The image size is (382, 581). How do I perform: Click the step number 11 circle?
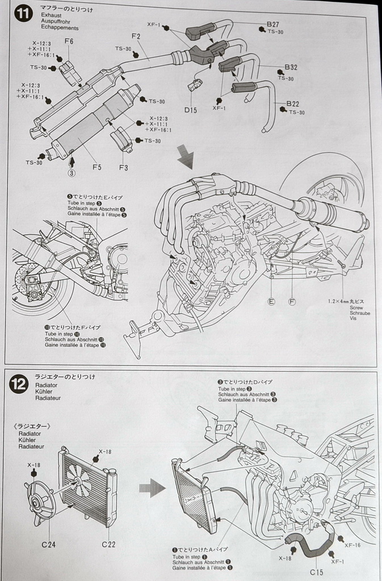pos(23,14)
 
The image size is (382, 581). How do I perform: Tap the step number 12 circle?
pos(19,385)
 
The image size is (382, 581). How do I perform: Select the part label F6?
pos(69,41)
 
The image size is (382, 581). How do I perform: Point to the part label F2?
pos(136,37)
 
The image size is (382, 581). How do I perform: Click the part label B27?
pos(272,24)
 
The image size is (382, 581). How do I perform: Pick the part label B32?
pos(292,67)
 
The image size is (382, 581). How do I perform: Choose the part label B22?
pos(293,104)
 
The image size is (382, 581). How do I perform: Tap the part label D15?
pos(191,110)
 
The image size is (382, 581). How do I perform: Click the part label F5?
pos(97,167)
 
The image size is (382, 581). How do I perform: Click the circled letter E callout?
pos(271,301)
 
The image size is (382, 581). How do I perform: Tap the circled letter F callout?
pos(292,301)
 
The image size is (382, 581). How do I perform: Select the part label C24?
pos(48,544)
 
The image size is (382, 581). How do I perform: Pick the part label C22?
pos(109,544)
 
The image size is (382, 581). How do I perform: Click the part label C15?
pos(317,572)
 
